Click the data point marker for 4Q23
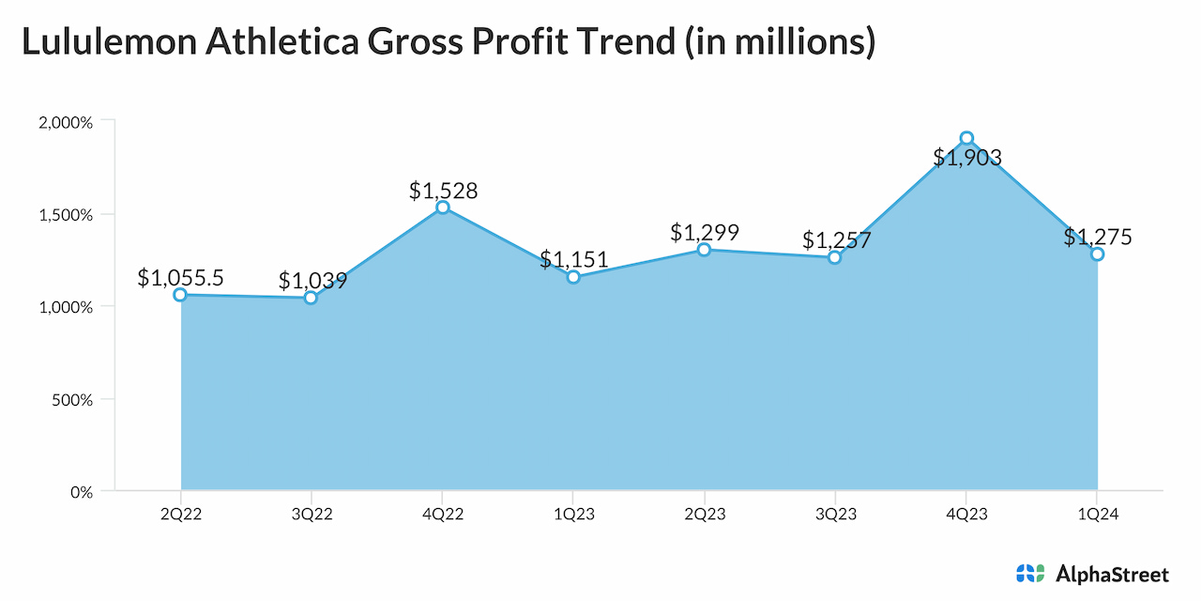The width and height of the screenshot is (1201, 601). (966, 138)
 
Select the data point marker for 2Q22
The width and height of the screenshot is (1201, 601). (180, 295)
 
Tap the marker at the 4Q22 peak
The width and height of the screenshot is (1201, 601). (442, 208)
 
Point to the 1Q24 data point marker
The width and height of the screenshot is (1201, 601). (1097, 254)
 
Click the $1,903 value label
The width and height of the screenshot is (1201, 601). (967, 158)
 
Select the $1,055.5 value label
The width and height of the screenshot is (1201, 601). (180, 277)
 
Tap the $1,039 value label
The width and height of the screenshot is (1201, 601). (312, 281)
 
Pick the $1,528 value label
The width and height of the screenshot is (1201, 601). (443, 191)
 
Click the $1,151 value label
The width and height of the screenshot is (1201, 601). (573, 260)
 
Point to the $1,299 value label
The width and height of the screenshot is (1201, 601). (705, 233)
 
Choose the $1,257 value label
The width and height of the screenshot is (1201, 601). (836, 240)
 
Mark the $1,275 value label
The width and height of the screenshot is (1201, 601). (1098, 238)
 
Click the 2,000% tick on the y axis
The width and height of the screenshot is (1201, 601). (66, 122)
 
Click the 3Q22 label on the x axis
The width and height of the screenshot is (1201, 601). (312, 515)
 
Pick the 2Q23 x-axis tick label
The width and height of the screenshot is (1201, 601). (705, 515)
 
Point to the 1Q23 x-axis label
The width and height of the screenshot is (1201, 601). (573, 515)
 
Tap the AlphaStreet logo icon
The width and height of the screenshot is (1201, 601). (1029, 573)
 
